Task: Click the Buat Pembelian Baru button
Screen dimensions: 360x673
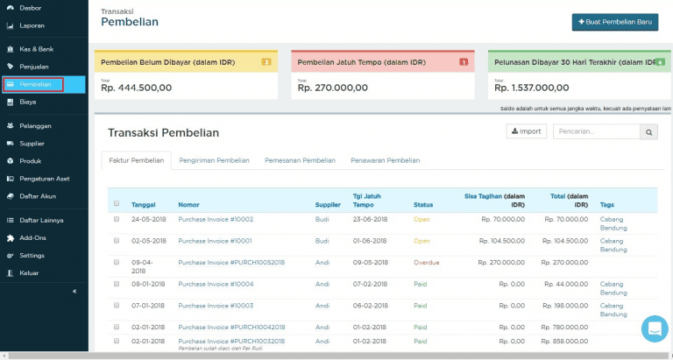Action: [614, 22]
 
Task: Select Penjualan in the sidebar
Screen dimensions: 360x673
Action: [33, 67]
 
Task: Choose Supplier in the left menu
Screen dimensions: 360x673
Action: [32, 144]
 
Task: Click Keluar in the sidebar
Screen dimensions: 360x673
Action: [29, 273]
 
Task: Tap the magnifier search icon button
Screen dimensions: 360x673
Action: [649, 132]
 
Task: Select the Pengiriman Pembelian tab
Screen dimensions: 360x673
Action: [214, 160]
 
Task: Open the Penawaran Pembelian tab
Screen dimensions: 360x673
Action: [385, 160]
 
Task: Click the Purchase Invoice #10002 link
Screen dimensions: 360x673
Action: [216, 219]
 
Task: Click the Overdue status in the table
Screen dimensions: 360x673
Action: [427, 262]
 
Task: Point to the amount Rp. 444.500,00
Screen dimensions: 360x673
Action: [137, 88]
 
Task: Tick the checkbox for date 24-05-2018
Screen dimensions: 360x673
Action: [117, 219]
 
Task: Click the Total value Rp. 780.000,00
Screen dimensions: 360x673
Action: [566, 327]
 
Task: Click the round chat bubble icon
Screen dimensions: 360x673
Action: [654, 328]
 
